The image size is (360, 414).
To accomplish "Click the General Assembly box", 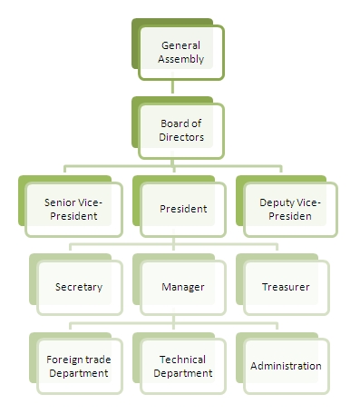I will [181, 53].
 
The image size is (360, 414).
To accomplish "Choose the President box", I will [181, 209].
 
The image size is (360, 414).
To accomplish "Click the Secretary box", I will [77, 287].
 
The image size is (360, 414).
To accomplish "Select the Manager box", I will [181, 287].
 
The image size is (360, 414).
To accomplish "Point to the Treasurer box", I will [284, 287].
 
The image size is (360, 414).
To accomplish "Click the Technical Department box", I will [181, 366].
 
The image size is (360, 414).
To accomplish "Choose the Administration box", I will [284, 366].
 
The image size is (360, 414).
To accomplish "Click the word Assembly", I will [181, 60].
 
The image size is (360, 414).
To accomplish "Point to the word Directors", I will [181, 139].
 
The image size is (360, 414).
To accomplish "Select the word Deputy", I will [276, 202].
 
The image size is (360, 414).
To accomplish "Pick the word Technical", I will [181, 359].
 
